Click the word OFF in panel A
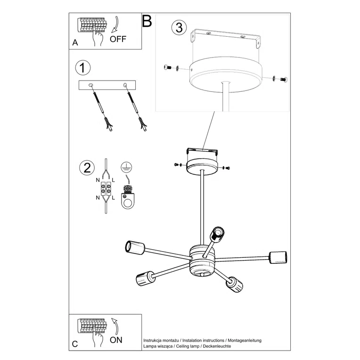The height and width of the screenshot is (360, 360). tap(118, 39)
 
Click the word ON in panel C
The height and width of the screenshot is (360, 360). tap(116, 340)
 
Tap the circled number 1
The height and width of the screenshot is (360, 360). tap(83, 68)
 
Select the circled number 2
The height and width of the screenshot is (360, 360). tap(87, 168)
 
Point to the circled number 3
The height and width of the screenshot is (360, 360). tap(179, 27)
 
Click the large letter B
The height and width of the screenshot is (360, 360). tap(147, 21)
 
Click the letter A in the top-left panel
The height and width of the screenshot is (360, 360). tap(75, 43)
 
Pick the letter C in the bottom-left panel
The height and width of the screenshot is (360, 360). tap(75, 344)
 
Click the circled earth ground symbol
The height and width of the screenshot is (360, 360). tap(126, 167)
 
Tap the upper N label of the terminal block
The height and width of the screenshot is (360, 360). tap(98, 180)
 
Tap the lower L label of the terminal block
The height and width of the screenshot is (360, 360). tap(113, 198)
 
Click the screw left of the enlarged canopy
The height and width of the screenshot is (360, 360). tap(168, 67)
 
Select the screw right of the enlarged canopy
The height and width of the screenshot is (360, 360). tap(284, 80)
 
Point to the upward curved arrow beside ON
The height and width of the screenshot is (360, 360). tap(115, 326)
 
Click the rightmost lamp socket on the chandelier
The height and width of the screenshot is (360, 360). tap(278, 257)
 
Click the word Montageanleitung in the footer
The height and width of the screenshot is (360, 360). tap(245, 341)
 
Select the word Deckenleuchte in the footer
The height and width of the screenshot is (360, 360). tap(217, 346)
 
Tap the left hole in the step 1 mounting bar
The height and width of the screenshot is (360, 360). tap(91, 85)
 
